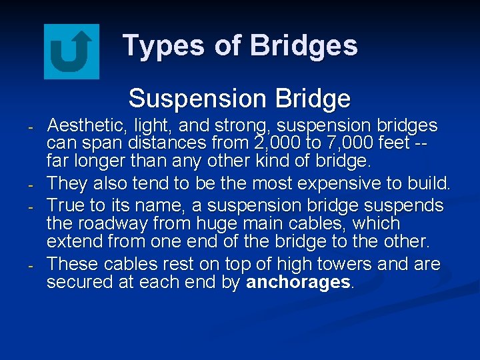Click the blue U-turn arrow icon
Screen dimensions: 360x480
[x=71, y=51]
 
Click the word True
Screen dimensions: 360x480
[x=67, y=204]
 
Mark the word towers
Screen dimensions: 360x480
[x=342, y=264]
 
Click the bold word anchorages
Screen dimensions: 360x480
[x=298, y=282]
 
